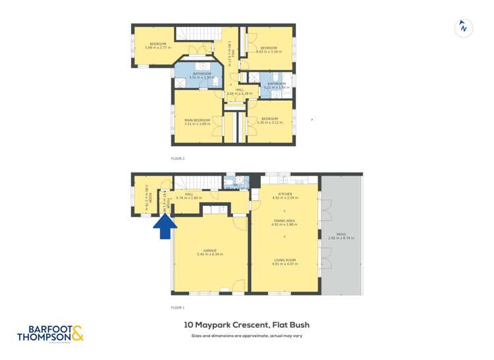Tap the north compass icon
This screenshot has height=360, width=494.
[x=464, y=28]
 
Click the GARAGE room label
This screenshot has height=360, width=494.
[x=210, y=251]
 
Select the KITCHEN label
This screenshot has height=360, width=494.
[x=285, y=193]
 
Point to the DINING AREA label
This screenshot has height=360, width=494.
[x=285, y=221]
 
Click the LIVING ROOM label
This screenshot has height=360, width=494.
[x=285, y=260]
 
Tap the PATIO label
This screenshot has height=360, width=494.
[x=341, y=234]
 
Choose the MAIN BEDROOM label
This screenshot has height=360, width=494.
[x=197, y=120]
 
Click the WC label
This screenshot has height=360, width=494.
[x=235, y=185]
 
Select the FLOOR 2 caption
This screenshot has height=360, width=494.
[x=178, y=159]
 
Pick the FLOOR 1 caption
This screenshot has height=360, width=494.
[x=178, y=307]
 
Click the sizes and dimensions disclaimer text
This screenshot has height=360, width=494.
[x=246, y=336]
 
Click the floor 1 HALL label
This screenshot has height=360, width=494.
[x=189, y=195]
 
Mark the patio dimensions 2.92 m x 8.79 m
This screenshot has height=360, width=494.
[x=341, y=238]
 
